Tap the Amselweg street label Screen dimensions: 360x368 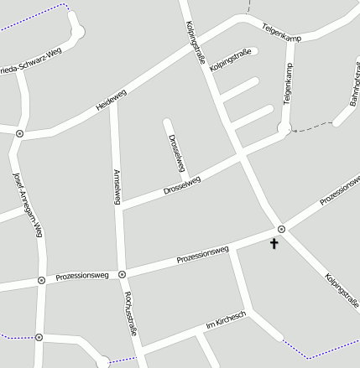[117, 186]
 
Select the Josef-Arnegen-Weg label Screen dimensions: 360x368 [28, 205]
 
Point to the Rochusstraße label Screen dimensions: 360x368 [130, 314]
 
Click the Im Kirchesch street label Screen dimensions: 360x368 [225, 320]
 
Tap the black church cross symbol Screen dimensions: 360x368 [273, 244]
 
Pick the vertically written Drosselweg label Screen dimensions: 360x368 [176, 153]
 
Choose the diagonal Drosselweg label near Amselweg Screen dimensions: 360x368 [182, 185]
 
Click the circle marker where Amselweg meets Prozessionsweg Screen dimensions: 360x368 [122, 274]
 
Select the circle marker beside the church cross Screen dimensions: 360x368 [281, 229]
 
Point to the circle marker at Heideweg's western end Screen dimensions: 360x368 [19, 133]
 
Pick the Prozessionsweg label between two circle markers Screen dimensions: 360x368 [82, 276]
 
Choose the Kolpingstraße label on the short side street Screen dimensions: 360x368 [231, 60]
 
